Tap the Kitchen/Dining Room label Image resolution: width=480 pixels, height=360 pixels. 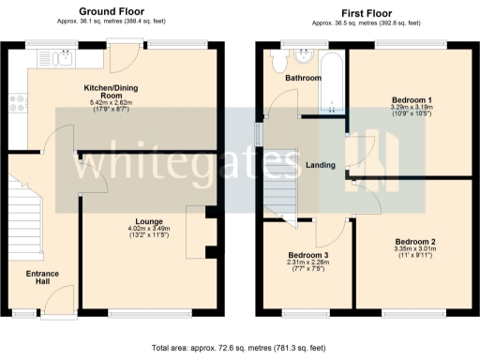(x=113, y=91)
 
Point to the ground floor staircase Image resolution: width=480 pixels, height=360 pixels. (x=26, y=211)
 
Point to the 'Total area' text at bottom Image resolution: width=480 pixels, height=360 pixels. (x=240, y=347)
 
